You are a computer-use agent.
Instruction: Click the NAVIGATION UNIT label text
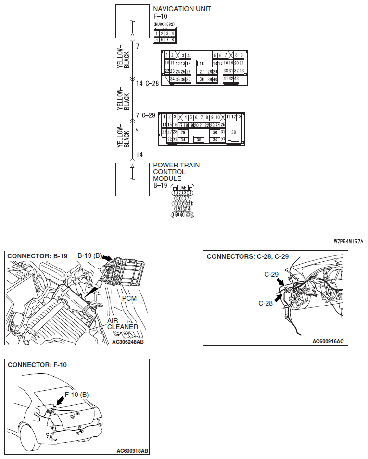(x=182, y=9)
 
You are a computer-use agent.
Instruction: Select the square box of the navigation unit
(x=133, y=21)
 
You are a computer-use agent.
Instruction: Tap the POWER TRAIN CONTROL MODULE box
(x=133, y=179)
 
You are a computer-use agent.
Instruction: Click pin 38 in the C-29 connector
(x=234, y=132)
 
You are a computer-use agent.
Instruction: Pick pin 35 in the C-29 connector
(x=199, y=140)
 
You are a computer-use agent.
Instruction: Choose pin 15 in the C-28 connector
(x=202, y=63)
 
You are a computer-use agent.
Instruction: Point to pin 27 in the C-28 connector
(x=202, y=71)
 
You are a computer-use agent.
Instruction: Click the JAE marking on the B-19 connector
(x=183, y=188)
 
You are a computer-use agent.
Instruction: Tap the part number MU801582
(x=164, y=24)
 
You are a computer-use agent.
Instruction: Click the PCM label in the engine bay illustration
(x=129, y=298)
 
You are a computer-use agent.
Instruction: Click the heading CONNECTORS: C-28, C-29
(x=247, y=256)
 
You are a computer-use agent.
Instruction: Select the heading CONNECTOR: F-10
(x=37, y=365)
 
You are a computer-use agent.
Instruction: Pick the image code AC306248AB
(x=127, y=342)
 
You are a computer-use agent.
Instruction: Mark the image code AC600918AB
(x=132, y=451)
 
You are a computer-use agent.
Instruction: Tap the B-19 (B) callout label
(x=89, y=256)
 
